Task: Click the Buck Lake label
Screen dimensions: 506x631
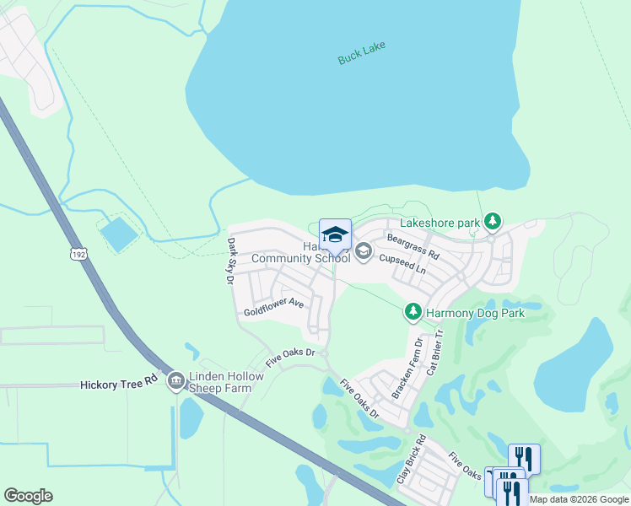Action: click(x=361, y=52)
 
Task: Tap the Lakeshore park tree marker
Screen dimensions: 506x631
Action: click(x=493, y=223)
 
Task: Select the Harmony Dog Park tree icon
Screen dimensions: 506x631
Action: click(x=413, y=313)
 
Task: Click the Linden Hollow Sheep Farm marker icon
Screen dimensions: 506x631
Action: click(x=176, y=381)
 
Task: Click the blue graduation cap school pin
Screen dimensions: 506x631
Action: click(x=335, y=235)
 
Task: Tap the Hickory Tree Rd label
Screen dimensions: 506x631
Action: click(x=119, y=383)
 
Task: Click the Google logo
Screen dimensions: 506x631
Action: click(x=28, y=496)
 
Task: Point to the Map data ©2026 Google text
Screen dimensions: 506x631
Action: click(x=579, y=499)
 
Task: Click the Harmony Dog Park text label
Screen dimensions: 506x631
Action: click(x=475, y=313)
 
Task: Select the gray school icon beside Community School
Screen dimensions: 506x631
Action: click(x=364, y=250)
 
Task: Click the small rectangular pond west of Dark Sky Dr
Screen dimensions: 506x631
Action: click(x=119, y=234)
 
